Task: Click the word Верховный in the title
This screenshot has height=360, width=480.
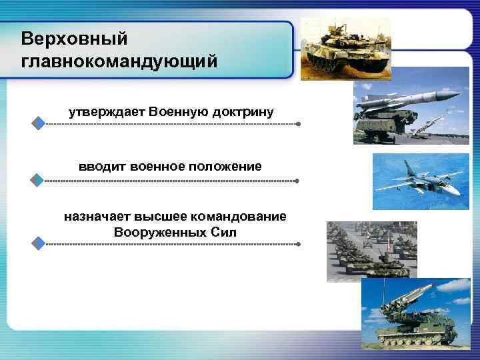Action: coord(73,38)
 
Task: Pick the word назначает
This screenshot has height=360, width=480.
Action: coord(97,217)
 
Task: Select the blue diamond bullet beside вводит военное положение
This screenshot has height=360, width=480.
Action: coord(39,180)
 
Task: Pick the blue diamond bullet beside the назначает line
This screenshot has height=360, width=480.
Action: coord(39,243)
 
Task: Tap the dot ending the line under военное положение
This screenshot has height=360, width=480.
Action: coord(297,181)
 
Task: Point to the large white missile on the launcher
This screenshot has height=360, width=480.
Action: coord(407,101)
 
